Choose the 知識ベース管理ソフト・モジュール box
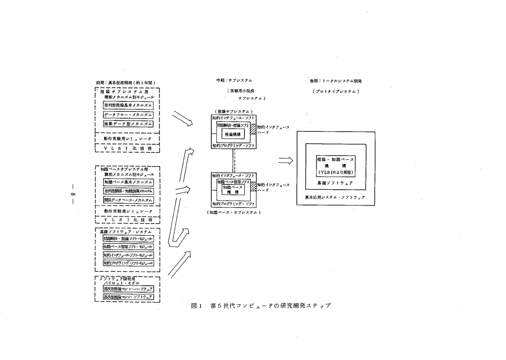128,247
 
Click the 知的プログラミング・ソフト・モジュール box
128,263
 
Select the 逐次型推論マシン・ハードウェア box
128,288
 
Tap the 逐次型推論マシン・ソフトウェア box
128,298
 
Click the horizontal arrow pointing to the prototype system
286,161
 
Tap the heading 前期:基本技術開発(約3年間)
125,83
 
